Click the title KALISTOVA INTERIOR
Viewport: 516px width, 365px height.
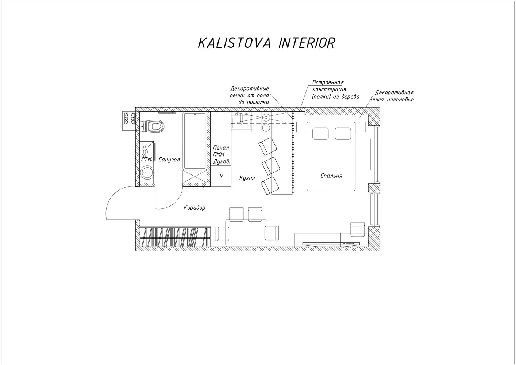coord(266,43)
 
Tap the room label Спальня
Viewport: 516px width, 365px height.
coord(331,176)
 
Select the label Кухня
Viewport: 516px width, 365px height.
coord(247,178)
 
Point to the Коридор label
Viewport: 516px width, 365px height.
coord(195,208)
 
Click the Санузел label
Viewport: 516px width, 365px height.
coord(169,160)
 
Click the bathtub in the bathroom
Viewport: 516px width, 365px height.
coord(195,141)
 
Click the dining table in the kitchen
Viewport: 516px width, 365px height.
coord(246,233)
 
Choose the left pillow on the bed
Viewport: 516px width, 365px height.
coord(320,134)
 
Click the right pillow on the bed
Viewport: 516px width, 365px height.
coord(343,134)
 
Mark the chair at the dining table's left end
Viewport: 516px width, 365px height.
coord(222,234)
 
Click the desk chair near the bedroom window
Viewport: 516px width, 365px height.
coord(358,230)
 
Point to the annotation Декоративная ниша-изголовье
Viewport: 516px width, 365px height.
coord(392,96)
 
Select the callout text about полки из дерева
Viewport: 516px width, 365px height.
coord(336,89)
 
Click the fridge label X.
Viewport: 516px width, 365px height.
coord(222,177)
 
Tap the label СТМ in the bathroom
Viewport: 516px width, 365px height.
coord(147,160)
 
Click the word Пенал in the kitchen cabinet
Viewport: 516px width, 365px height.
coord(221,148)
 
